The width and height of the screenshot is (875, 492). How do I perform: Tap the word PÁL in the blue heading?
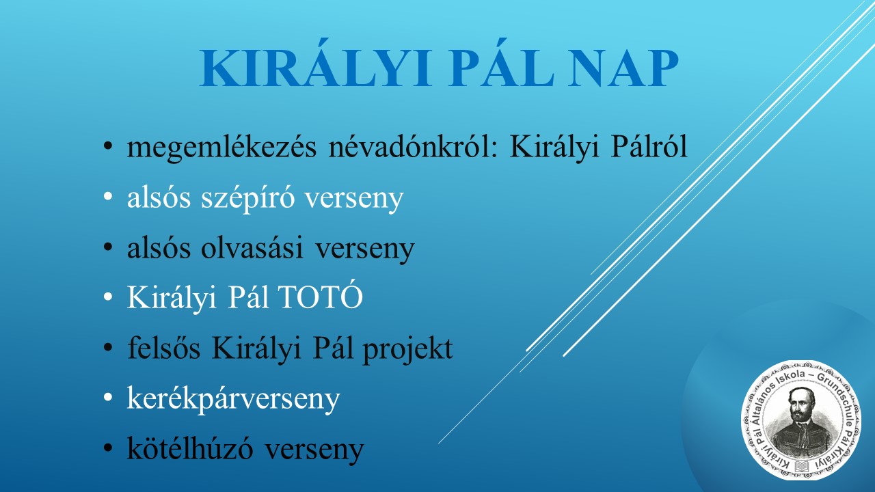coord(501,64)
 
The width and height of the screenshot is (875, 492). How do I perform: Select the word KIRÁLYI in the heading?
coord(316,64)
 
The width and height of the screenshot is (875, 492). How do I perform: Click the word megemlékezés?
coord(221,148)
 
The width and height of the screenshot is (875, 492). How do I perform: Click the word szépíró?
coord(247,197)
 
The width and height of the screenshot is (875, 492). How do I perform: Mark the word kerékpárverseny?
coord(234,398)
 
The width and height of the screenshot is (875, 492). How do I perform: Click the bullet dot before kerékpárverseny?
coord(108,398)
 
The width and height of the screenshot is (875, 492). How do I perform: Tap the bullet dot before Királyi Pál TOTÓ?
coord(108,297)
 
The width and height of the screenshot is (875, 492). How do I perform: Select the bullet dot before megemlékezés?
coord(108,146)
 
